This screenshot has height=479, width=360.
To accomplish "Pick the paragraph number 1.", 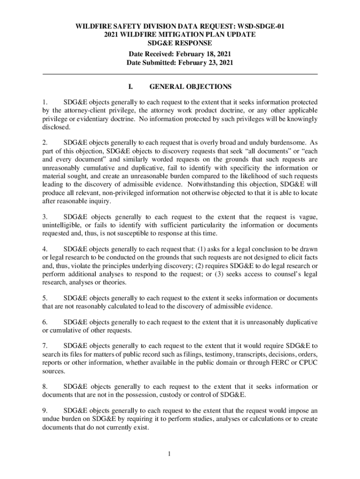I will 44,102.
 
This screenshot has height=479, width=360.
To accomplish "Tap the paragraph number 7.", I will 44,347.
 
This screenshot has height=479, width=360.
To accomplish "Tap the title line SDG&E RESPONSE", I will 180,44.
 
